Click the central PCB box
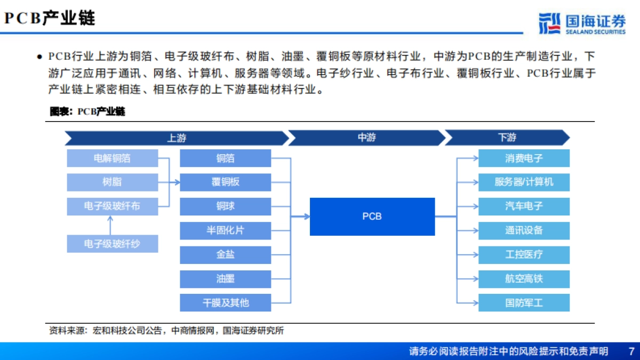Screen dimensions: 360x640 coord(372,217)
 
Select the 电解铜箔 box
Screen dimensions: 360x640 coord(113,158)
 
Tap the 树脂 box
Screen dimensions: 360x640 coord(113,182)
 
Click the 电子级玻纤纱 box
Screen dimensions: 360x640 coord(113,244)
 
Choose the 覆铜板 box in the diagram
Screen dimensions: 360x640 coord(226,182)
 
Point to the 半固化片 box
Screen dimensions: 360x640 coord(226,230)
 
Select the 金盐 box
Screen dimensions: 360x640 coord(226,254)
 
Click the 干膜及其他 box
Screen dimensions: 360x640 coord(226,302)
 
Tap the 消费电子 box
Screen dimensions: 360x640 coord(524,158)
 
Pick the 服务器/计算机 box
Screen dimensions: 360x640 coord(524,182)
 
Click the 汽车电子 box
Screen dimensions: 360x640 coord(524,206)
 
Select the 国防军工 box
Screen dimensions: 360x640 coord(524,302)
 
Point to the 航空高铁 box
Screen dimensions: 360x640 coord(524,278)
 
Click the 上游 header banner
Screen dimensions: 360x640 coord(177,138)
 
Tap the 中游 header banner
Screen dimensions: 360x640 coord(366,138)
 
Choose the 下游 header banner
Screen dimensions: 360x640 coord(507,138)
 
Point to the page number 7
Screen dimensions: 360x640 coord(631,351)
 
